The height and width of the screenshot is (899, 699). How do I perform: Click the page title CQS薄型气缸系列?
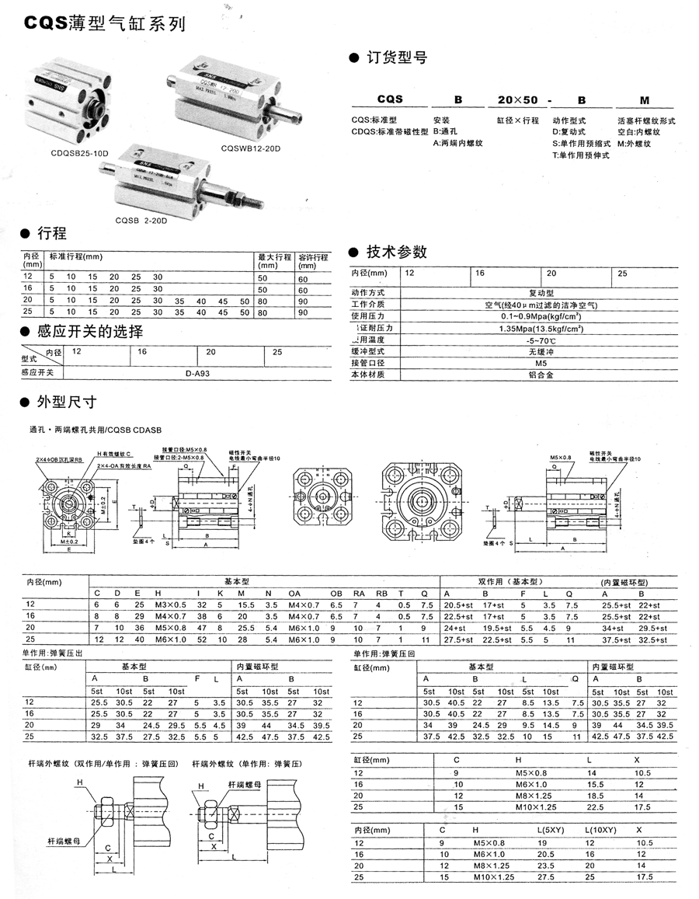[104, 24]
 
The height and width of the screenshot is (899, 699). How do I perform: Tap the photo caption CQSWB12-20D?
[250, 148]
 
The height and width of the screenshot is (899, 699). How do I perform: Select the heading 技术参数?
[396, 252]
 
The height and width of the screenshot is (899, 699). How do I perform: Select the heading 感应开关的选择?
[89, 332]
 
